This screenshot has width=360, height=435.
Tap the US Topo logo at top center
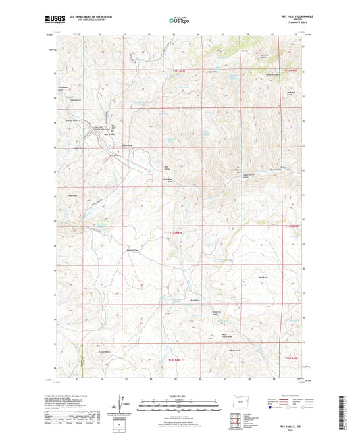pos(179,20)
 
